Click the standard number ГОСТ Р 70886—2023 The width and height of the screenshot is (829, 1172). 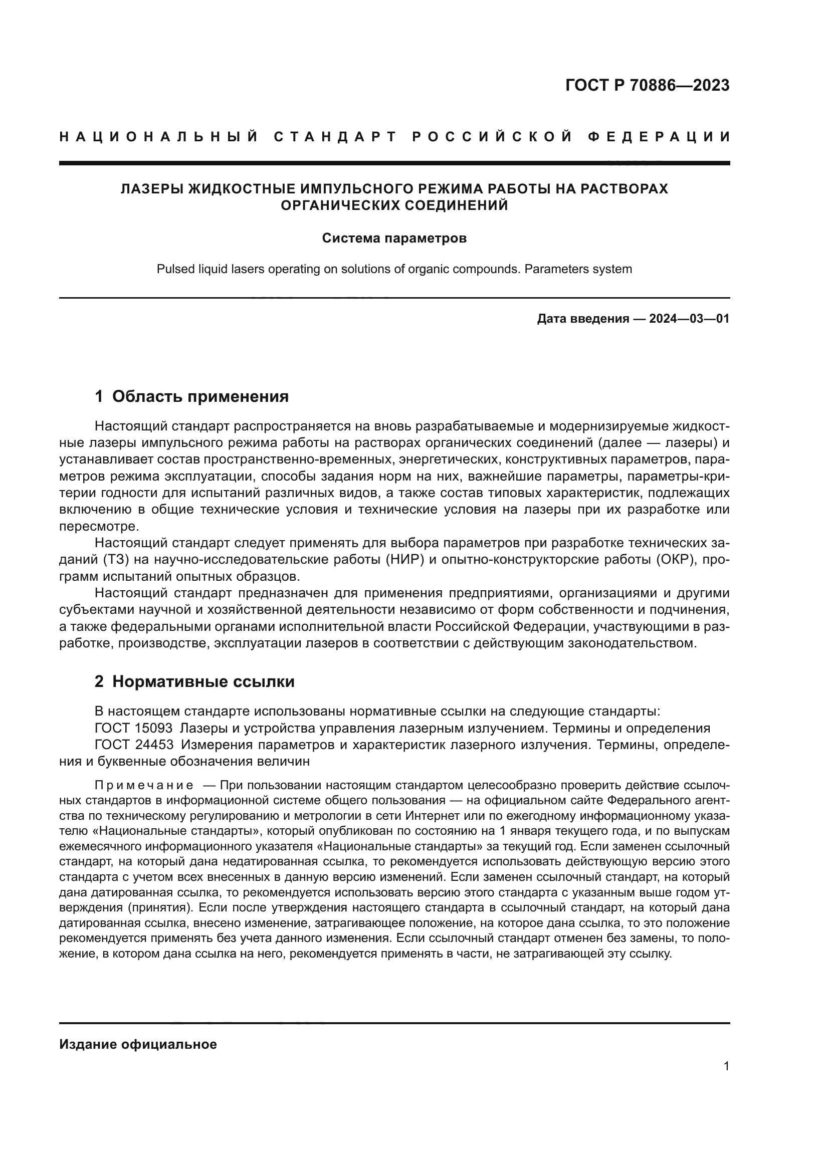tap(647, 85)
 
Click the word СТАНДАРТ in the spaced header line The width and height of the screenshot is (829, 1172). tap(335, 137)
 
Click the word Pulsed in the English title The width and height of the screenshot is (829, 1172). tap(173, 269)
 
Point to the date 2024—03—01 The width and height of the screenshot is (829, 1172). tap(689, 319)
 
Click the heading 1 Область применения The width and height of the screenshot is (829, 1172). tap(191, 396)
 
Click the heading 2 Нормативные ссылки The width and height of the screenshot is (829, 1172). tap(194, 681)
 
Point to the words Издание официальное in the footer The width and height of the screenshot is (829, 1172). tap(138, 1044)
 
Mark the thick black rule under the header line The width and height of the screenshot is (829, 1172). tap(394, 163)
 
